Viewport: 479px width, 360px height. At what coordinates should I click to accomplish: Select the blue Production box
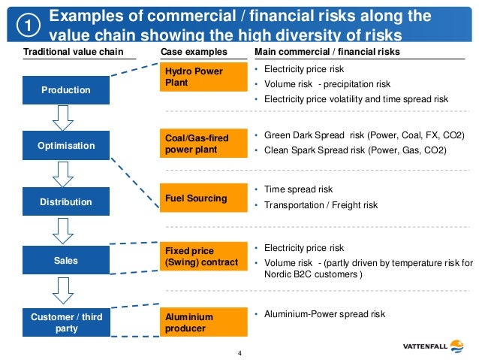click(x=66, y=90)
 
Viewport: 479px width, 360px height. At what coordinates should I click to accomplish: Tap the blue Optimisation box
click(x=66, y=146)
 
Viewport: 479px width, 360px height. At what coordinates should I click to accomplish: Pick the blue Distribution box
click(x=66, y=201)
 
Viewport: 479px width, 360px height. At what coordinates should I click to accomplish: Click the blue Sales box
click(x=66, y=260)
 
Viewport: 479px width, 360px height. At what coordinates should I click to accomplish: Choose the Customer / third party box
click(x=66, y=323)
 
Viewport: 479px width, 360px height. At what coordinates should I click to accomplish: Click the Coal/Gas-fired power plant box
click(x=204, y=143)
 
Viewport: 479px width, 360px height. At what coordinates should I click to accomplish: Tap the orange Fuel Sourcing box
click(x=204, y=198)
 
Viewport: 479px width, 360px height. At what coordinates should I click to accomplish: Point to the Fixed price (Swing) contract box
click(x=204, y=256)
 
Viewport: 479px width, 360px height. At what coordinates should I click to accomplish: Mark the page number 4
click(x=239, y=352)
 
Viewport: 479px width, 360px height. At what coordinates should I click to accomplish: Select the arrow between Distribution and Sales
click(x=66, y=231)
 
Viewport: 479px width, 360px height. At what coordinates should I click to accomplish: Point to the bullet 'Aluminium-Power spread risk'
click(x=324, y=314)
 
